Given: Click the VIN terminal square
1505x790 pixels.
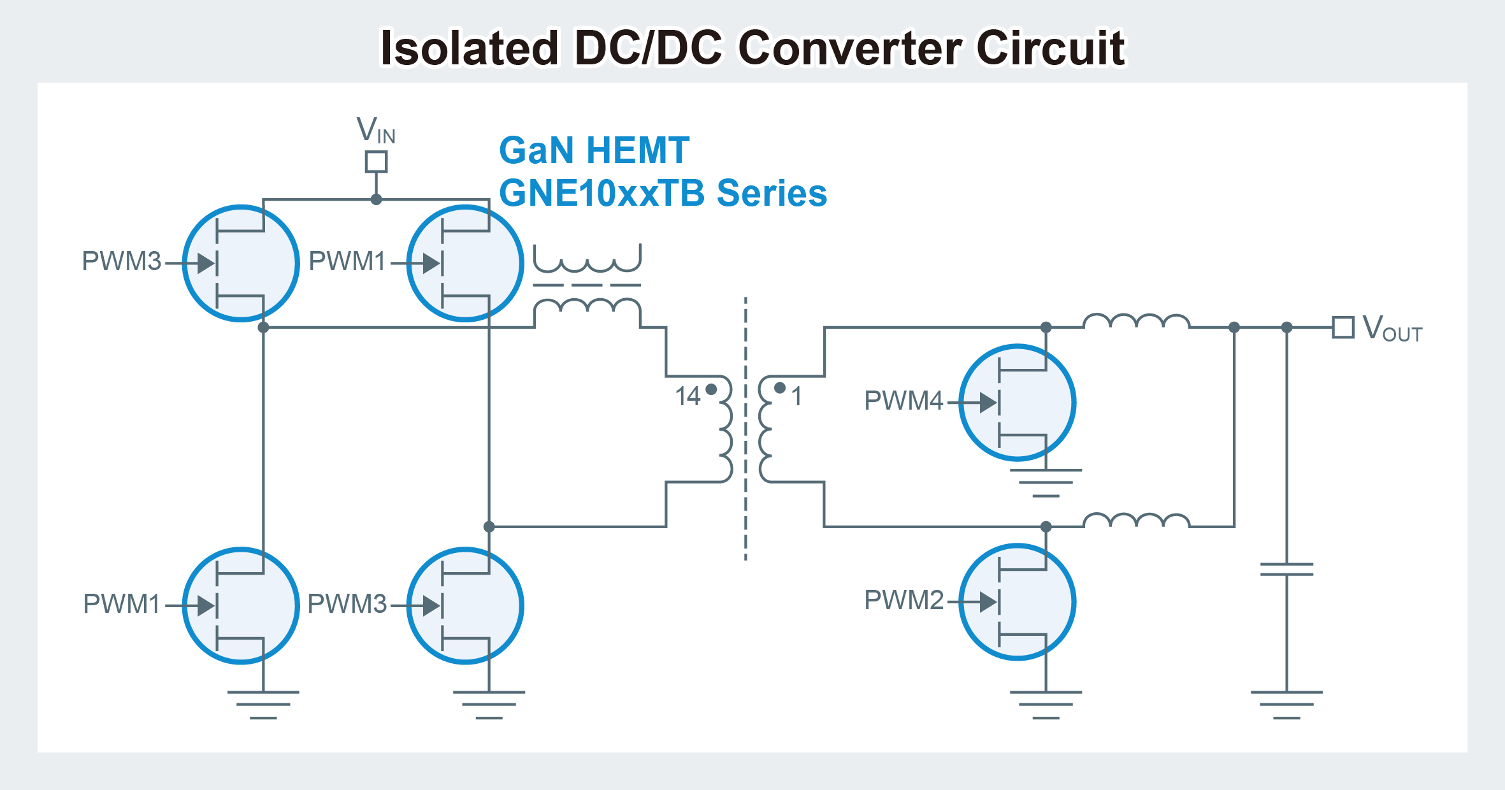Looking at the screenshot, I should (376, 162).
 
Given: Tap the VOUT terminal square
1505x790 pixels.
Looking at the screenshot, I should (1343, 327).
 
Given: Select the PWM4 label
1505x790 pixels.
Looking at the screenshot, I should (903, 401).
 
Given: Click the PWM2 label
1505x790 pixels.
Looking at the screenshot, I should (903, 600).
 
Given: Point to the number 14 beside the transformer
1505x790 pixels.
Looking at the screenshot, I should (688, 396).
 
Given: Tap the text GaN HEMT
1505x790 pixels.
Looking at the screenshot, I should (594, 150).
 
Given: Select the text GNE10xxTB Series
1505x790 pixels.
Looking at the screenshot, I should (663, 193).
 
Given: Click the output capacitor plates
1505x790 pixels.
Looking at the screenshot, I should (1286, 569).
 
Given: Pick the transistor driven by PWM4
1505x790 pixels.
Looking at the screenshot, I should (1017, 403).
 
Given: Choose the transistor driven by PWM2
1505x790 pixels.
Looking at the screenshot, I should (1017, 602).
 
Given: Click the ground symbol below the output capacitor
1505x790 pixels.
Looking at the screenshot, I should (1286, 704).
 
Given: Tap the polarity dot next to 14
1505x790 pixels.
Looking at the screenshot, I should (712, 389).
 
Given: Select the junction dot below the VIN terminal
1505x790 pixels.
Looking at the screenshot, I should (376, 199).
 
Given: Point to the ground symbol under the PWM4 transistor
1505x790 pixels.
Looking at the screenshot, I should (1046, 482).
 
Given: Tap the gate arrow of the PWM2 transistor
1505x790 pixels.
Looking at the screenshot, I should (988, 602).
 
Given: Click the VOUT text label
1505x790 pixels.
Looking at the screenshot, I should (1392, 329).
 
